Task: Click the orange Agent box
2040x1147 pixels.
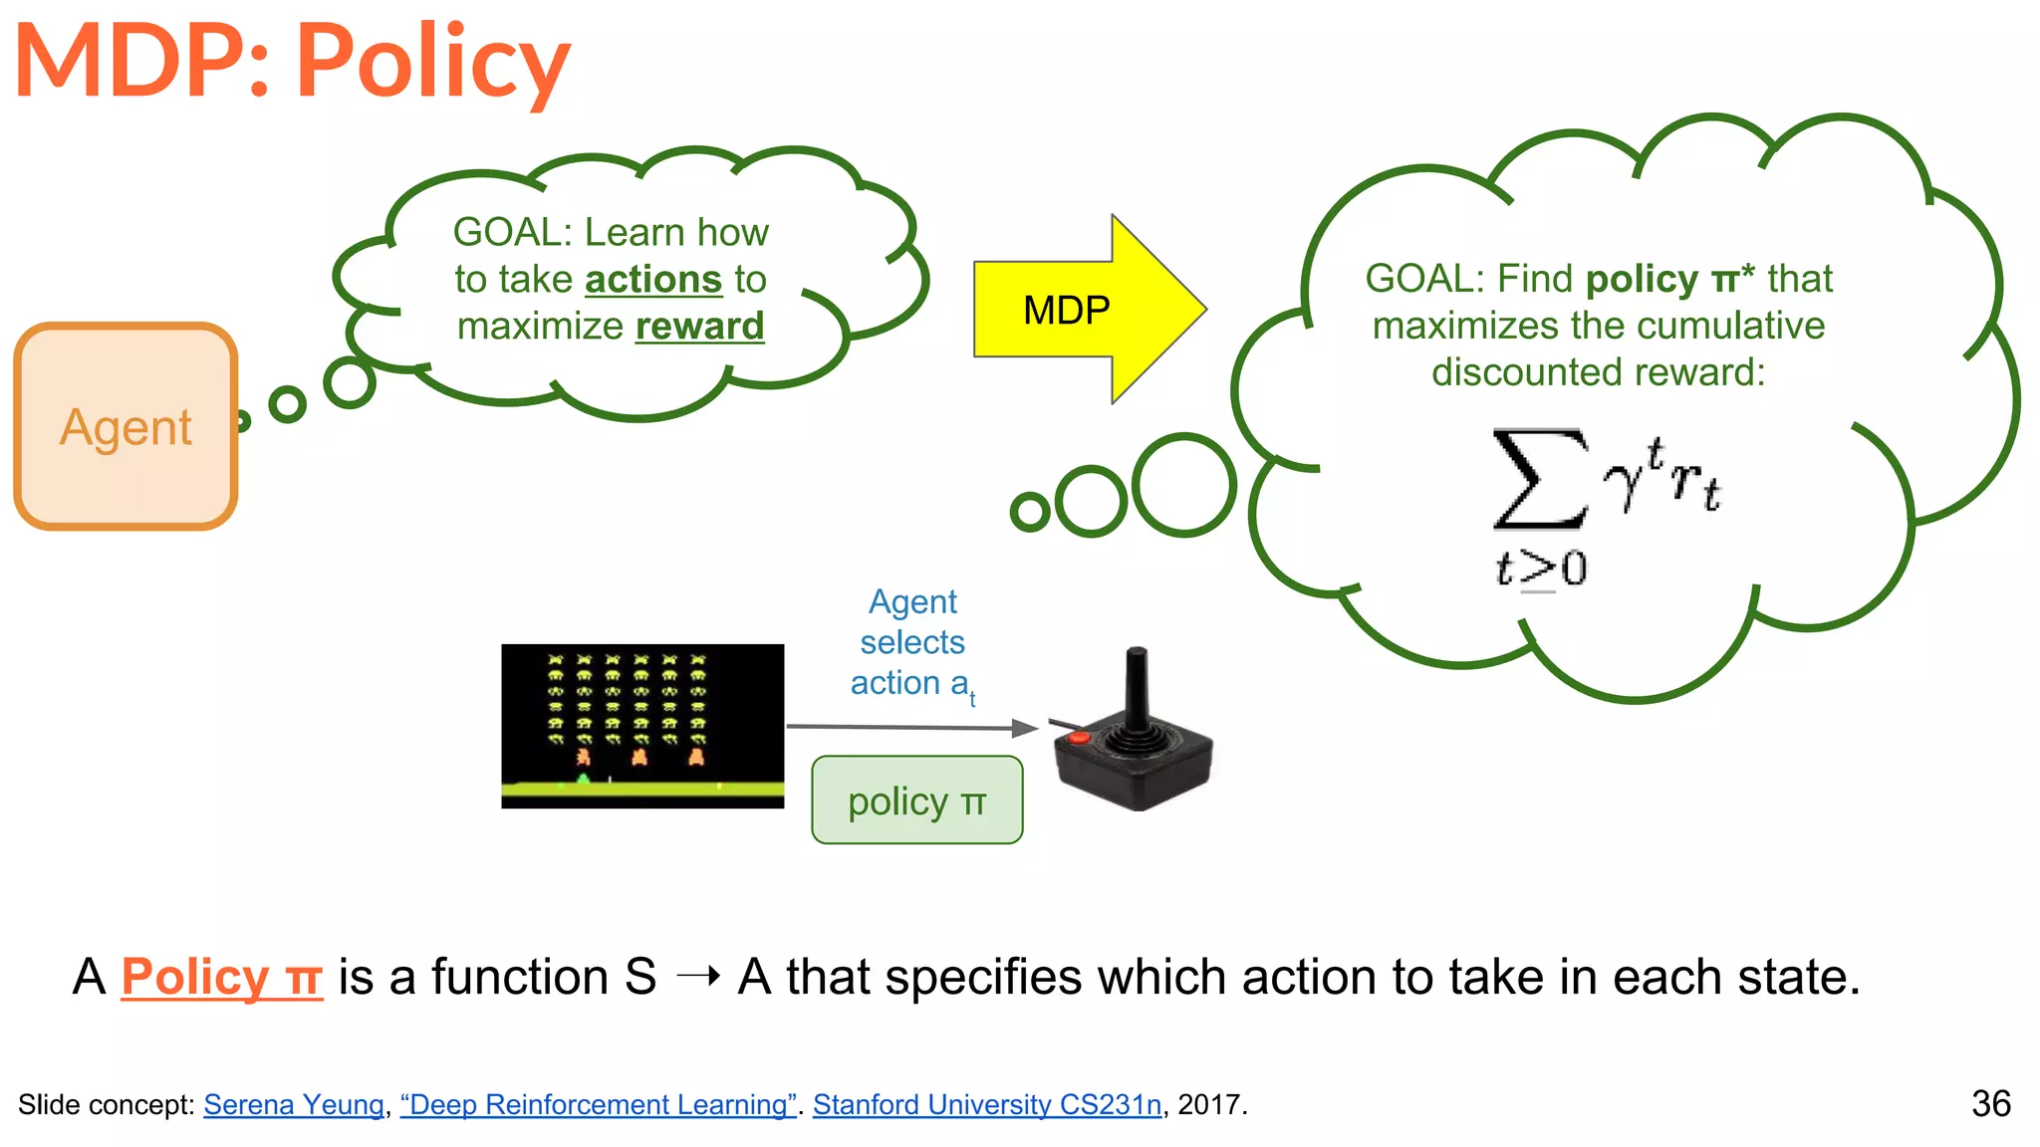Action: pyautogui.click(x=126, y=426)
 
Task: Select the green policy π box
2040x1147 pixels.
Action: pyautogui.click(x=916, y=801)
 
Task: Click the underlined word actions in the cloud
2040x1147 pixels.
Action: pyautogui.click(x=652, y=280)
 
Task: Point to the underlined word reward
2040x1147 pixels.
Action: pyautogui.click(x=699, y=327)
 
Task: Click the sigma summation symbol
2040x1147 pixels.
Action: pyautogui.click(x=1539, y=478)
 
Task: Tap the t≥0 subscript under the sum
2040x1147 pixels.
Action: pyautogui.click(x=1541, y=570)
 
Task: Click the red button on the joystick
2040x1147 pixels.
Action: pyautogui.click(x=1079, y=738)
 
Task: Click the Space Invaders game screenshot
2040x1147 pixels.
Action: pyautogui.click(x=642, y=726)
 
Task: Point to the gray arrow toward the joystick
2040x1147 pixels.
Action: pyautogui.click(x=911, y=728)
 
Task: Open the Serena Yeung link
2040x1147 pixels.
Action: pyautogui.click(x=294, y=1104)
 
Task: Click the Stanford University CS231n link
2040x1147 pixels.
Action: pyautogui.click(x=986, y=1104)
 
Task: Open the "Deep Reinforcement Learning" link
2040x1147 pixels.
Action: pyautogui.click(x=598, y=1104)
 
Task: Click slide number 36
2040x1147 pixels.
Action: pyautogui.click(x=1990, y=1103)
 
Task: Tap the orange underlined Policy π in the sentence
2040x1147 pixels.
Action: pyautogui.click(x=221, y=977)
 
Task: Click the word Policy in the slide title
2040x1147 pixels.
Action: pyautogui.click(x=432, y=62)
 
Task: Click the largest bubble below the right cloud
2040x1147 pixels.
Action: pyautogui.click(x=1183, y=485)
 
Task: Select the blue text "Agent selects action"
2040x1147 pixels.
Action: pyautogui.click(x=911, y=642)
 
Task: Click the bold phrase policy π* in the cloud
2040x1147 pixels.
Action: pyautogui.click(x=1670, y=279)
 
